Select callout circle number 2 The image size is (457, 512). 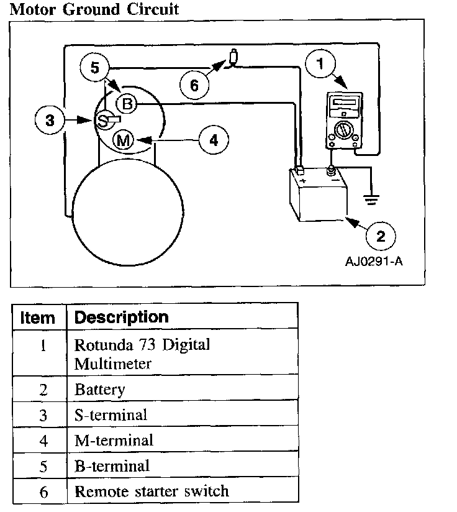(x=380, y=235)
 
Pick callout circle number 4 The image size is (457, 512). (x=213, y=140)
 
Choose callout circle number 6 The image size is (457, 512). (x=194, y=85)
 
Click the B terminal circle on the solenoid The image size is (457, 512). (x=127, y=104)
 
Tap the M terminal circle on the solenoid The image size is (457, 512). (x=124, y=141)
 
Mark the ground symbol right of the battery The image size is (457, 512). (x=371, y=199)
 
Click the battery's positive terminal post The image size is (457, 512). (x=299, y=170)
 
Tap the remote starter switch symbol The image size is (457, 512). (x=233, y=58)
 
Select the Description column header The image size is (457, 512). (x=121, y=317)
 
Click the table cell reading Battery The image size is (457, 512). (x=100, y=390)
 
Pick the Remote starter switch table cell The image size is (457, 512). (x=152, y=491)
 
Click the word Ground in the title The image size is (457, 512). (x=88, y=10)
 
